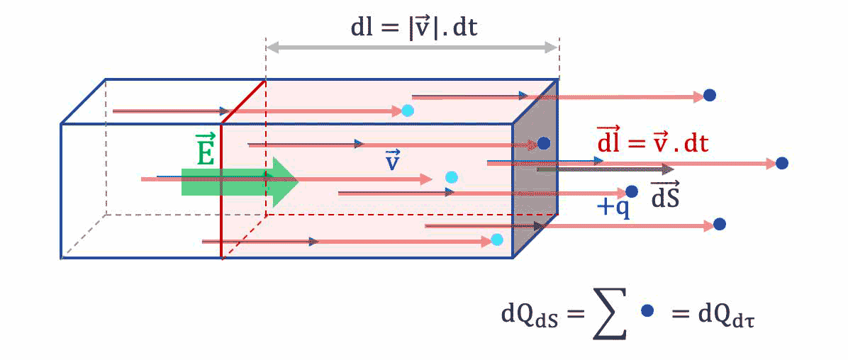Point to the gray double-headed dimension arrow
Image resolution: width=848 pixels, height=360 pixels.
412,47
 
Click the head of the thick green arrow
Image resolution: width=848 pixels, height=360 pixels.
284,179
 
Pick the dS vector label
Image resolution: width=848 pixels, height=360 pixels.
666,195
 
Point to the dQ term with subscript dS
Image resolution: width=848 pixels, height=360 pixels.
528,315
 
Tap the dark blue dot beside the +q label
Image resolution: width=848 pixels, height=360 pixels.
632,191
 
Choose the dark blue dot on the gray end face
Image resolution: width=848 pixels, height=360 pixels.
544,143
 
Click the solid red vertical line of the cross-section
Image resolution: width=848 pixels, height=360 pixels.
221,191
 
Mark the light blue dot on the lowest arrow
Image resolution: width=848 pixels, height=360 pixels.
497,240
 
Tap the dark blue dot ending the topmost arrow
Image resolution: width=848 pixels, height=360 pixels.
708,96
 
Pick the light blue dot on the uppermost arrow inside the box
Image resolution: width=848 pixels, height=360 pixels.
407,111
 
